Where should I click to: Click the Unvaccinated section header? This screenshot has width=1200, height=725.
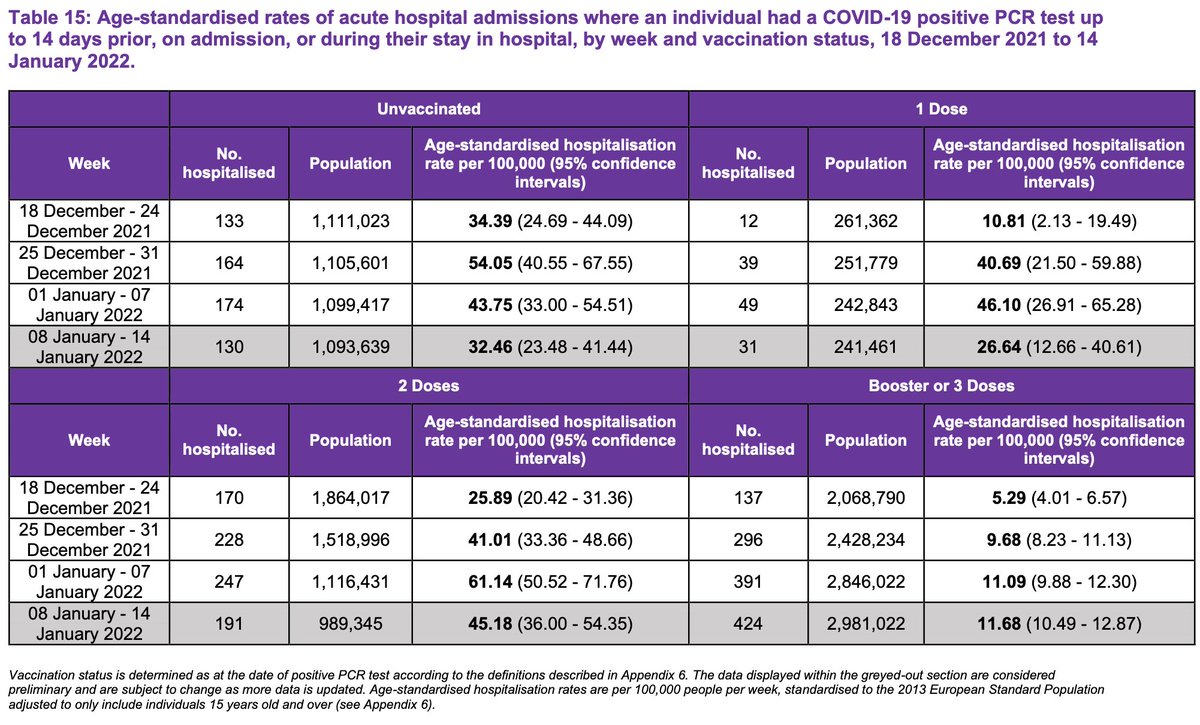429,108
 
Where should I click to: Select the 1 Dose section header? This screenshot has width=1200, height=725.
940,108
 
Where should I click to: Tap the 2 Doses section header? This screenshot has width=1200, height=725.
429,385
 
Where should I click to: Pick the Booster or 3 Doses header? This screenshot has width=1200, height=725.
940,385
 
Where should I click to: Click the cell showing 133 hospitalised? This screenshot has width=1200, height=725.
229,219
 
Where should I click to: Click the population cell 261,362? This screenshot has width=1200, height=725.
865,219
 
